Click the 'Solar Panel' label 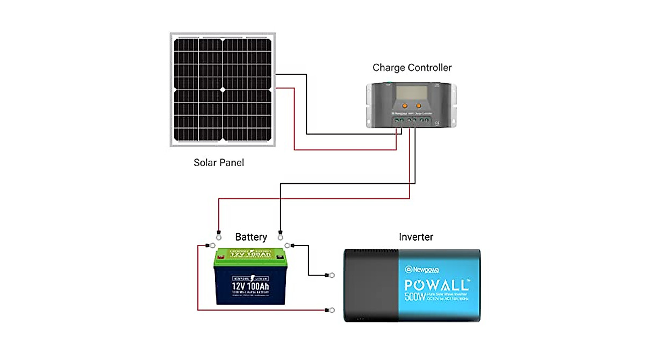[219, 162]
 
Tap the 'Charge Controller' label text [412, 68]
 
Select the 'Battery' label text [251, 237]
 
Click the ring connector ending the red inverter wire [332, 310]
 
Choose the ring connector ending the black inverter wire [332, 276]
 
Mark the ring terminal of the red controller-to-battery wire [218, 234]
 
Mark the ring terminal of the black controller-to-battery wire [279, 234]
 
